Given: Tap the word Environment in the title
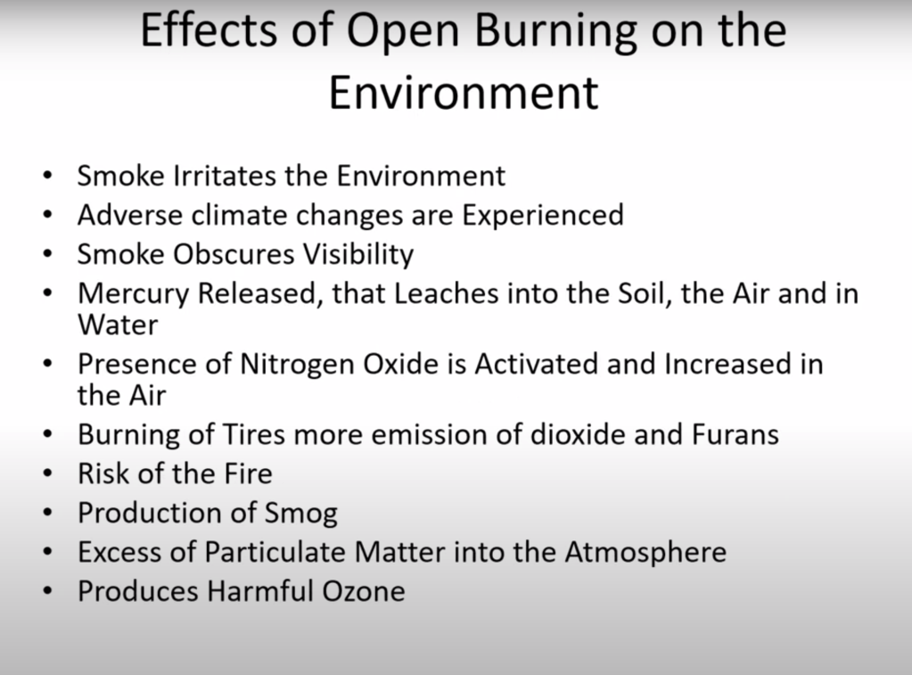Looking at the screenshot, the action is [x=464, y=92].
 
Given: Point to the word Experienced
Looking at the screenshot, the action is [x=543, y=215].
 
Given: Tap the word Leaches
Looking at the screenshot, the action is [x=446, y=293].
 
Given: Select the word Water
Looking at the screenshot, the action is [x=118, y=325].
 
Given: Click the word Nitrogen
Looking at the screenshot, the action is [x=297, y=365].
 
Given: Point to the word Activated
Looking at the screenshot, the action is [x=537, y=365].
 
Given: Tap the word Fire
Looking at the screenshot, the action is [x=249, y=473].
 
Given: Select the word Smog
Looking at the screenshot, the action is [x=300, y=514].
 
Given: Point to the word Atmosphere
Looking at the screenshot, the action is [x=645, y=552].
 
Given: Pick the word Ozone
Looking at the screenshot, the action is [x=364, y=591].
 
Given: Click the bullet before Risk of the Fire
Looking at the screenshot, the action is [x=47, y=473].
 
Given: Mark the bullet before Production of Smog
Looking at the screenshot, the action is [x=47, y=513].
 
